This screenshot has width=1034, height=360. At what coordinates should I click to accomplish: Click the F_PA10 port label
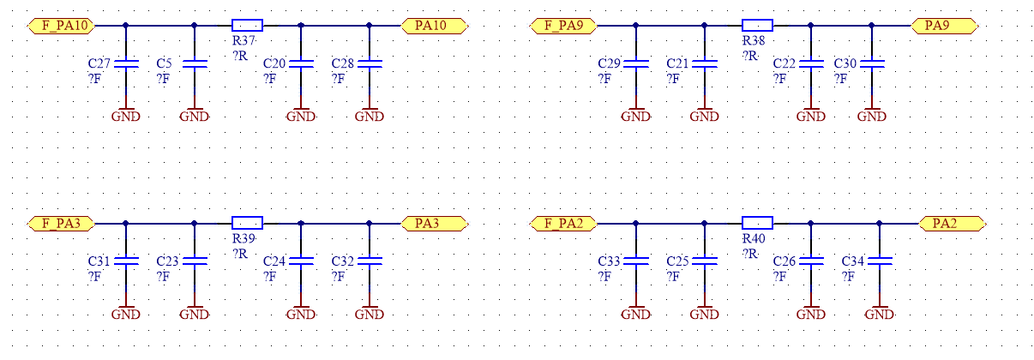[62, 26]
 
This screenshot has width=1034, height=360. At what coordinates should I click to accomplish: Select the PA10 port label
[435, 26]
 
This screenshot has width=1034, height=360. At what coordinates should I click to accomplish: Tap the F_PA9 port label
[563, 26]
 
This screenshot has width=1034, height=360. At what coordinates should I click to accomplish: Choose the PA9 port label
[945, 26]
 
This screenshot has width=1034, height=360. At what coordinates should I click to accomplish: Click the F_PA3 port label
[62, 224]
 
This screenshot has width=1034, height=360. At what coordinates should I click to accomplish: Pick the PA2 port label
[953, 224]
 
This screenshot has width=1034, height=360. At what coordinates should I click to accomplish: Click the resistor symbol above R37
[247, 26]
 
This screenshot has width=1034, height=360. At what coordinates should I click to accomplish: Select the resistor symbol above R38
[757, 26]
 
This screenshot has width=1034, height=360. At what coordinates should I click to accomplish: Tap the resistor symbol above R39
[247, 224]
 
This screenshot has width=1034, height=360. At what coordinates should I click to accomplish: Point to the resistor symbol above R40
[757, 224]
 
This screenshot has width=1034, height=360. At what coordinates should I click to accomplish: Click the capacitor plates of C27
[126, 63]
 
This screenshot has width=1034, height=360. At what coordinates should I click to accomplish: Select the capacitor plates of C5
[195, 63]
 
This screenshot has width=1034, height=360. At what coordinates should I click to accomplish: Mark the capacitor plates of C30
[872, 63]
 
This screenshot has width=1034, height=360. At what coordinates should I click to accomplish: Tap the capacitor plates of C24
[301, 261]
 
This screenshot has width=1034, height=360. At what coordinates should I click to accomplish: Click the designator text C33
[609, 261]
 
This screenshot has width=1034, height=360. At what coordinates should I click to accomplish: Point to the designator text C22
[785, 63]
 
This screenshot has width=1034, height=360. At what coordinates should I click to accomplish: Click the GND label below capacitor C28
[370, 117]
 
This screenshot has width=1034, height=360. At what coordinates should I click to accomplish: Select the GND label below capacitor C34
[880, 315]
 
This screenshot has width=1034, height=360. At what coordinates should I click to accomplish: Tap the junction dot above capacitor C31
[125, 224]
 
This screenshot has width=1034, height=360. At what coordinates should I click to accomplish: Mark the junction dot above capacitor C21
[705, 26]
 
